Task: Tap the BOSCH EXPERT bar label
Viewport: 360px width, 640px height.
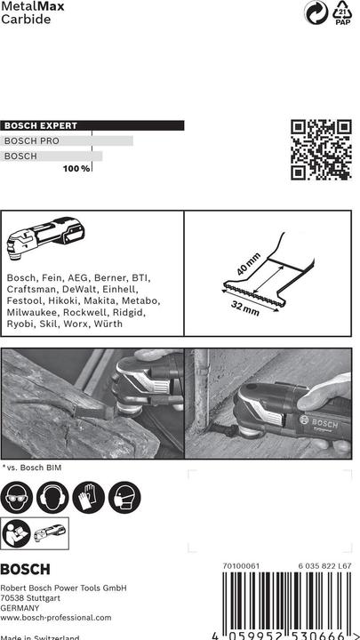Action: [42, 126]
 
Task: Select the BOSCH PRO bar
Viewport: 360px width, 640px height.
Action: [68, 140]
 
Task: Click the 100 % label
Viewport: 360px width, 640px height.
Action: [76, 169]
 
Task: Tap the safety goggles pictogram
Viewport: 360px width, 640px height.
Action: [19, 498]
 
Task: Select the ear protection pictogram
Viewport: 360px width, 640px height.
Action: [53, 498]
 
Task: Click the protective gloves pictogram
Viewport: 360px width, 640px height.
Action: [88, 498]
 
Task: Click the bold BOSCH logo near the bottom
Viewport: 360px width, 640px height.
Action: [26, 570]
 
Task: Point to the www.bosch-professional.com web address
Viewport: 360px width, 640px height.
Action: [56, 617]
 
